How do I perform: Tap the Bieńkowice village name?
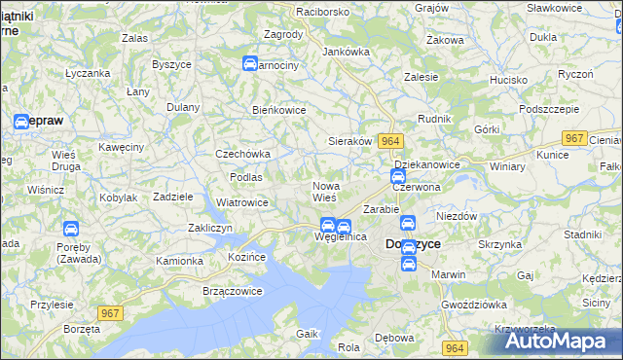(279, 110)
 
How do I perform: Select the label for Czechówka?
(242, 154)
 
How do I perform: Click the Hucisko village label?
(508, 79)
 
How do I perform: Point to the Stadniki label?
(582, 234)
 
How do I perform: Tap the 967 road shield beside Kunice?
(575, 138)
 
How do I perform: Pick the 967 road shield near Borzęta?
(110, 312)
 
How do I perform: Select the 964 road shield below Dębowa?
(454, 347)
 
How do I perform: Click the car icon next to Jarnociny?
(250, 64)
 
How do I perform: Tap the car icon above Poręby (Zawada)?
(70, 230)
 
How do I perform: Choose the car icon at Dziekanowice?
(398, 177)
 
